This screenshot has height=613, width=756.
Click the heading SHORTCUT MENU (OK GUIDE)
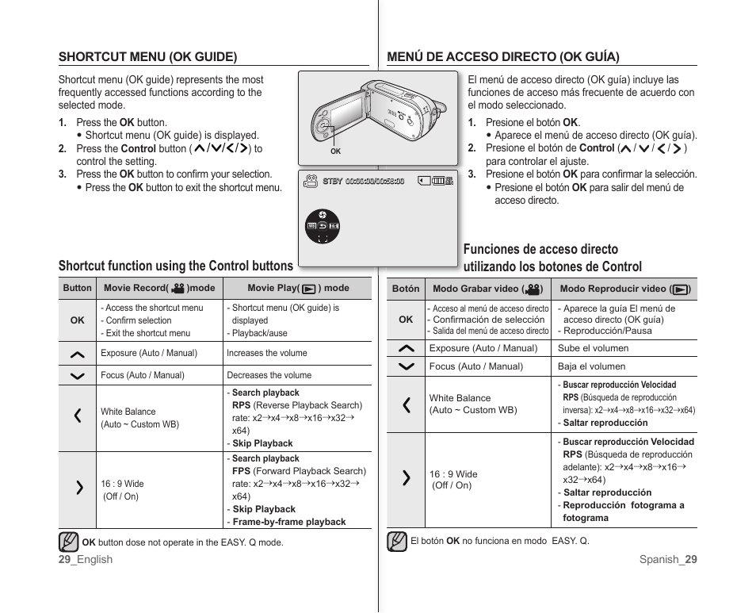click(x=147, y=57)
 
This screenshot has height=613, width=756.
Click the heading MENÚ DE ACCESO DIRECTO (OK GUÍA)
click(x=502, y=57)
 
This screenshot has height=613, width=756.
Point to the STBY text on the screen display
click(x=333, y=182)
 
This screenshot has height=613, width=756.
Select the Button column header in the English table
click(x=78, y=289)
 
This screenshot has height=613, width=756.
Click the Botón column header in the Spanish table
click(x=406, y=289)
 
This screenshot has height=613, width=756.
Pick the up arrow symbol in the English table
click(x=78, y=354)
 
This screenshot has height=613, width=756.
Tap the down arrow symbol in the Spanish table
click(x=406, y=366)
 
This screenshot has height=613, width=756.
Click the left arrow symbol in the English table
click(x=78, y=416)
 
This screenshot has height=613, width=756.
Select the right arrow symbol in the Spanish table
click(x=406, y=477)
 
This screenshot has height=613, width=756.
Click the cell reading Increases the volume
click(x=267, y=354)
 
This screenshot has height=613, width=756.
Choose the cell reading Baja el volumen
click(x=591, y=366)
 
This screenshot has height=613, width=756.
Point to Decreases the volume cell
click(x=269, y=376)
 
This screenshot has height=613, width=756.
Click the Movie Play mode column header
click(x=298, y=289)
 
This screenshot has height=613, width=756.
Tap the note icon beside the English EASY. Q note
click(x=68, y=542)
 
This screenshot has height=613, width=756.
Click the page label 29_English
click(x=86, y=560)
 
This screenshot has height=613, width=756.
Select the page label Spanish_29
click(x=668, y=560)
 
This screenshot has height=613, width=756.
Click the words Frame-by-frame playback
click(x=289, y=523)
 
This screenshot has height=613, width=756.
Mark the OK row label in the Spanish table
click(x=406, y=320)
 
